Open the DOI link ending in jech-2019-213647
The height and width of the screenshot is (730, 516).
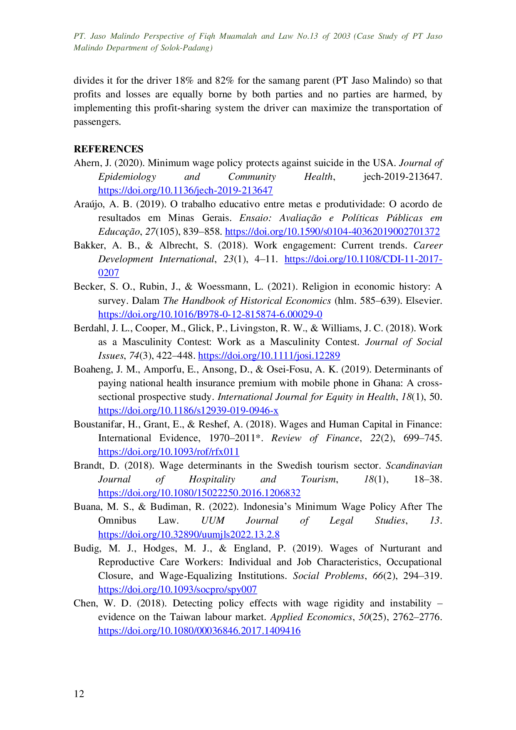(x=185, y=191)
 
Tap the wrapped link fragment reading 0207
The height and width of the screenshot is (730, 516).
(x=108, y=273)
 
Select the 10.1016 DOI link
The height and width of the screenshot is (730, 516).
(x=210, y=314)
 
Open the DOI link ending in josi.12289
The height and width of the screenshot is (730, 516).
(x=269, y=355)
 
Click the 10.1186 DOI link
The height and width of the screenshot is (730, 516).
(x=188, y=411)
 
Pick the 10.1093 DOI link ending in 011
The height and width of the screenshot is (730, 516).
(x=168, y=452)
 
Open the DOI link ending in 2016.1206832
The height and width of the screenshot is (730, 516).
(x=199, y=493)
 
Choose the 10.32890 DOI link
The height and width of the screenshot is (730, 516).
(x=188, y=534)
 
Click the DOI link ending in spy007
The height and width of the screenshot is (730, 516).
(x=178, y=589)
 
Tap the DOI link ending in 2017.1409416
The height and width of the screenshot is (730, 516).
(x=199, y=631)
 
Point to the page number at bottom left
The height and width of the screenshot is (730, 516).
(x=80, y=694)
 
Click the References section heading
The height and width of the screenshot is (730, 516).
(x=108, y=149)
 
